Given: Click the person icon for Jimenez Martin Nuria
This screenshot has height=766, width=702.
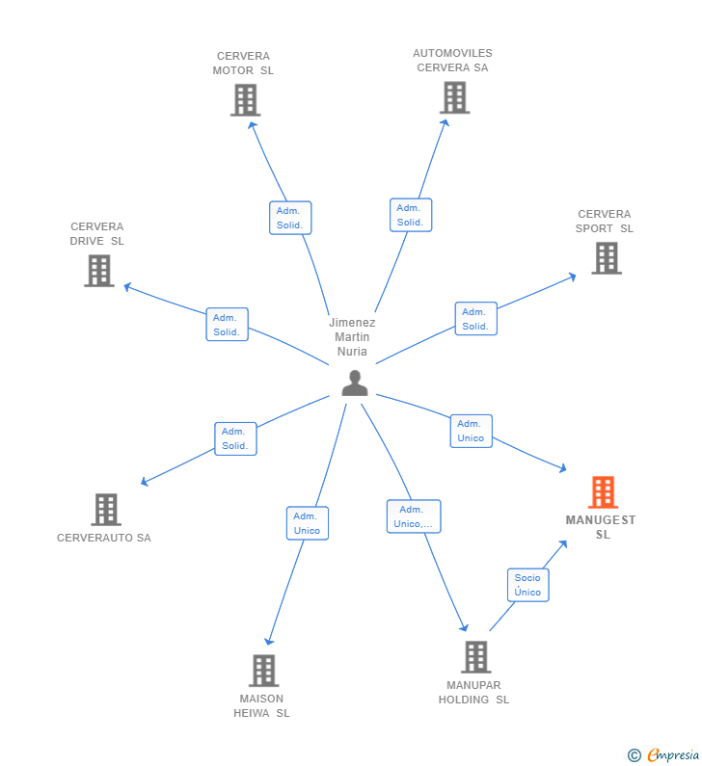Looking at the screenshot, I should point(355,383).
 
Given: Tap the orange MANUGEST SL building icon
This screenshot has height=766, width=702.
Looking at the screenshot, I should point(603,492).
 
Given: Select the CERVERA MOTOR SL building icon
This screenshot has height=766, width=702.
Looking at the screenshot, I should point(246,100).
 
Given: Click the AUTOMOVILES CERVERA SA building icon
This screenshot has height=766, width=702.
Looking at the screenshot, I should point(454,97).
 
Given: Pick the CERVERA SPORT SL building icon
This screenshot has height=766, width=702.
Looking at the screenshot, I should point(606,258).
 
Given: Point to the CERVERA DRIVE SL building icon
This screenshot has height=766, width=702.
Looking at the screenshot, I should point(98,271).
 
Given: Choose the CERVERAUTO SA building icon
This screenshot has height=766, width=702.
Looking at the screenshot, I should point(105,510).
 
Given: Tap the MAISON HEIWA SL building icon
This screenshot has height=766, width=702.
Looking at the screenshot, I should point(263,671).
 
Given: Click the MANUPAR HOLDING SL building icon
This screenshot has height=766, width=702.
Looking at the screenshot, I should point(475,657).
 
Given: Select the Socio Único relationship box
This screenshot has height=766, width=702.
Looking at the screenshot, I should point(527,585).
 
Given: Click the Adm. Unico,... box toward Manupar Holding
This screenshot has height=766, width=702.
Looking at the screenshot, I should point(414,516).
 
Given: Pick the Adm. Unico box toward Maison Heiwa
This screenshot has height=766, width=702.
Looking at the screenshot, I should point(308,523).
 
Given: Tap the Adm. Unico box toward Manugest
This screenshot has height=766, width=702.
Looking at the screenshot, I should point(471,431).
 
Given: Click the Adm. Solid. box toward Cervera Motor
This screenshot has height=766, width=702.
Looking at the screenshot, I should point(289,218).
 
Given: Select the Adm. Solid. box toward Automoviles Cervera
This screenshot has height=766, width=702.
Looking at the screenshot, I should point(410,215).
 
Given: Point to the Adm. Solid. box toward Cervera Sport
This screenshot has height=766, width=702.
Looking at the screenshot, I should point(475,319).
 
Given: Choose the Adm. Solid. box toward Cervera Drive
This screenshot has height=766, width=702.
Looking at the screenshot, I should point(227,325).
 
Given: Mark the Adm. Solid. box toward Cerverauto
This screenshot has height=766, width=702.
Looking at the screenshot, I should point(235,438).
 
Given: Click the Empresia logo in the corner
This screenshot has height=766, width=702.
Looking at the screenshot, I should point(664,755).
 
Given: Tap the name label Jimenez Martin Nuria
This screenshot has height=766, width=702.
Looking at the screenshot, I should point(352,337).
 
